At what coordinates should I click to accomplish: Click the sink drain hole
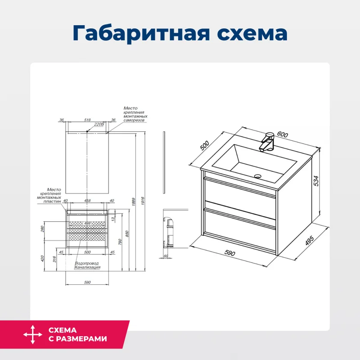click(258, 176)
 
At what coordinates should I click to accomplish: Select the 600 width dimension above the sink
click(282, 135)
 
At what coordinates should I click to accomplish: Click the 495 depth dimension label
click(309, 241)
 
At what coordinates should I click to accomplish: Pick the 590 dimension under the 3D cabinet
click(230, 253)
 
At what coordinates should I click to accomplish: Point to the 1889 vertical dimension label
click(134, 202)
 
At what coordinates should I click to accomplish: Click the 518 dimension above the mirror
click(87, 120)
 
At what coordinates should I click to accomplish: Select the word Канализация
click(87, 267)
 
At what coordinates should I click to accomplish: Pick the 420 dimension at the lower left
click(42, 259)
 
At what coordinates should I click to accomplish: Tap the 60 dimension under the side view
click(166, 256)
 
